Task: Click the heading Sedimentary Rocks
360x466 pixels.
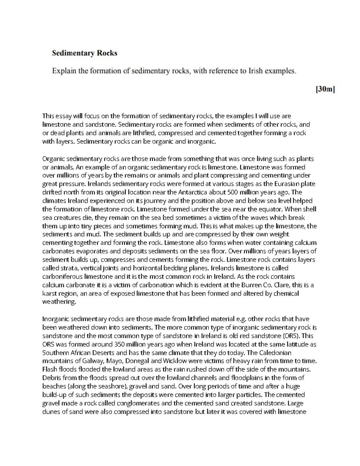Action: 85,53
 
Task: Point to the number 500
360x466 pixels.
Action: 233,192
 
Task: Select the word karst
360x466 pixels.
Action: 49,293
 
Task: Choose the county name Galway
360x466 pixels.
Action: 91,361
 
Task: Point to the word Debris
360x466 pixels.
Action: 51,377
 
